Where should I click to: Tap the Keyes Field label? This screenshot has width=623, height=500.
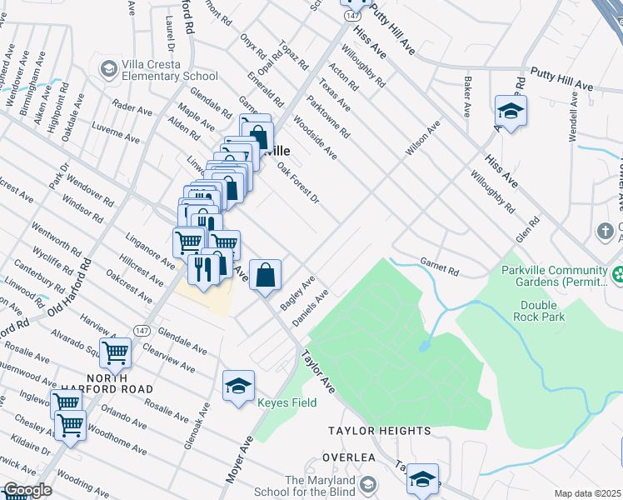click(286, 403)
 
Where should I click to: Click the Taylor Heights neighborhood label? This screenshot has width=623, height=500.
click(379, 431)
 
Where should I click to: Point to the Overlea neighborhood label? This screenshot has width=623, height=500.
click(351, 458)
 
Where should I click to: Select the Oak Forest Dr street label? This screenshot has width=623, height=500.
click(298, 182)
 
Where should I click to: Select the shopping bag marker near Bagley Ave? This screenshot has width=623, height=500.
click(265, 274)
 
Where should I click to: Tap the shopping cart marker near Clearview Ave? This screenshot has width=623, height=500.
click(115, 352)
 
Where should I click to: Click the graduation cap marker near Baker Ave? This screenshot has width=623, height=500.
click(511, 110)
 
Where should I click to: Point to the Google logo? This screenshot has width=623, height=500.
click(27, 491)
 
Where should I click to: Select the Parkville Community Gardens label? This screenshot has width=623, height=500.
click(554, 277)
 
